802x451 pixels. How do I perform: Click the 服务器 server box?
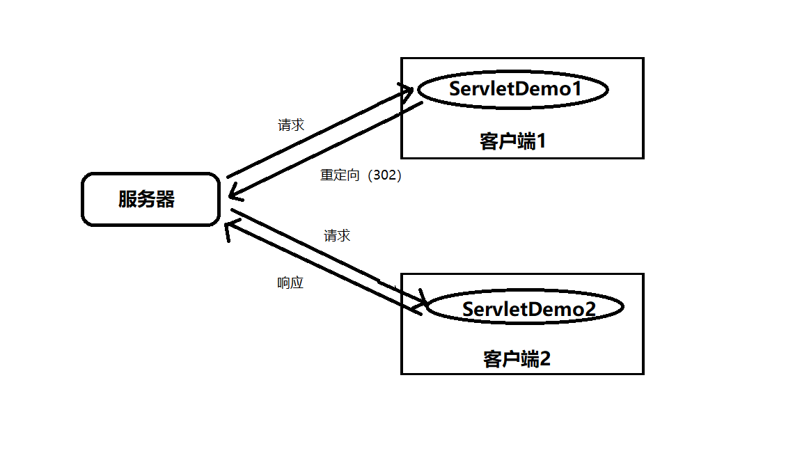(x=150, y=200)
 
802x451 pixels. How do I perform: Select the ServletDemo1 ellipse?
(x=513, y=89)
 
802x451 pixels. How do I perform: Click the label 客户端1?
(x=513, y=141)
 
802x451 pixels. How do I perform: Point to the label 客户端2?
(x=517, y=359)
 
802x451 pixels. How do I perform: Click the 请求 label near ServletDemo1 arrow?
(x=291, y=125)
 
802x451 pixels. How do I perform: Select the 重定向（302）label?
(x=361, y=175)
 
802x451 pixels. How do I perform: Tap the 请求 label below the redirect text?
(x=337, y=236)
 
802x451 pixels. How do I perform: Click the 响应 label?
(x=290, y=283)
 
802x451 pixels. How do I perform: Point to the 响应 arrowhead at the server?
(x=230, y=229)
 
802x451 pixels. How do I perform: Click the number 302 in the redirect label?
(x=387, y=175)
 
